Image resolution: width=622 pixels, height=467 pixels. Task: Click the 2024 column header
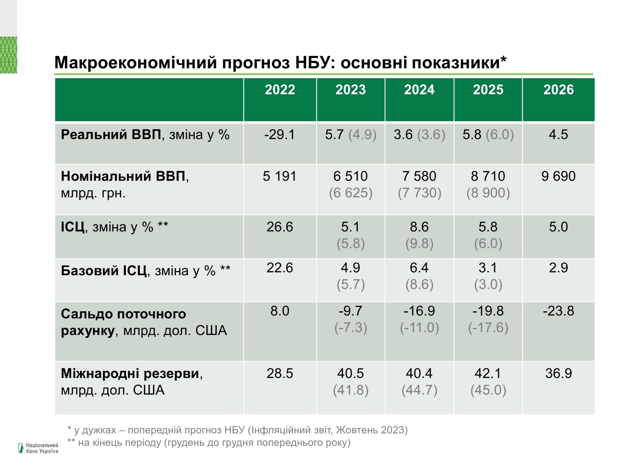pos(419,90)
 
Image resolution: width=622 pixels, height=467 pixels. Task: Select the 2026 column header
pos(558,90)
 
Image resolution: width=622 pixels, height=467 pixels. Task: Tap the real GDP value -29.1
pos(279,134)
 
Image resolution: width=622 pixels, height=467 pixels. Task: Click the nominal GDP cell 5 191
pos(279,176)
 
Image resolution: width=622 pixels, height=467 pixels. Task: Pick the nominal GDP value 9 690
pos(558,176)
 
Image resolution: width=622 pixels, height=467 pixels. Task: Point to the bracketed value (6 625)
pos(350,193)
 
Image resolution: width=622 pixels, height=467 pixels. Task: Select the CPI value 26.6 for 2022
pos(279,227)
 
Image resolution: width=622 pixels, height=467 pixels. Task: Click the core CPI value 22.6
pos(279,268)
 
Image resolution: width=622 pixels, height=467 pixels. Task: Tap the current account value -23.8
pos(558,311)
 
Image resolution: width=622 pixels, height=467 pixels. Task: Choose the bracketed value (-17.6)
pos(488,328)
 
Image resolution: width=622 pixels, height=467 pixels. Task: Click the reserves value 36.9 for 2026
pos(558,373)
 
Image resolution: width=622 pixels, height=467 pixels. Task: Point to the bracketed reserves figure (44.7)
pos(419,390)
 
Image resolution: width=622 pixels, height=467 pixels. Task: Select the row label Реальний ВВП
pos(111,134)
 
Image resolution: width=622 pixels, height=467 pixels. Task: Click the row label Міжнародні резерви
pos(130,373)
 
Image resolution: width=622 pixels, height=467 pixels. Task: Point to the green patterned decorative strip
pos(8,55)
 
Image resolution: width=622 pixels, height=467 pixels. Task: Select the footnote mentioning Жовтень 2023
pos(237,430)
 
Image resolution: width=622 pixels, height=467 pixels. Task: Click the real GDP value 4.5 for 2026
pos(558,134)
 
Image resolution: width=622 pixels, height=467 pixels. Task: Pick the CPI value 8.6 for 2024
pos(419,227)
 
